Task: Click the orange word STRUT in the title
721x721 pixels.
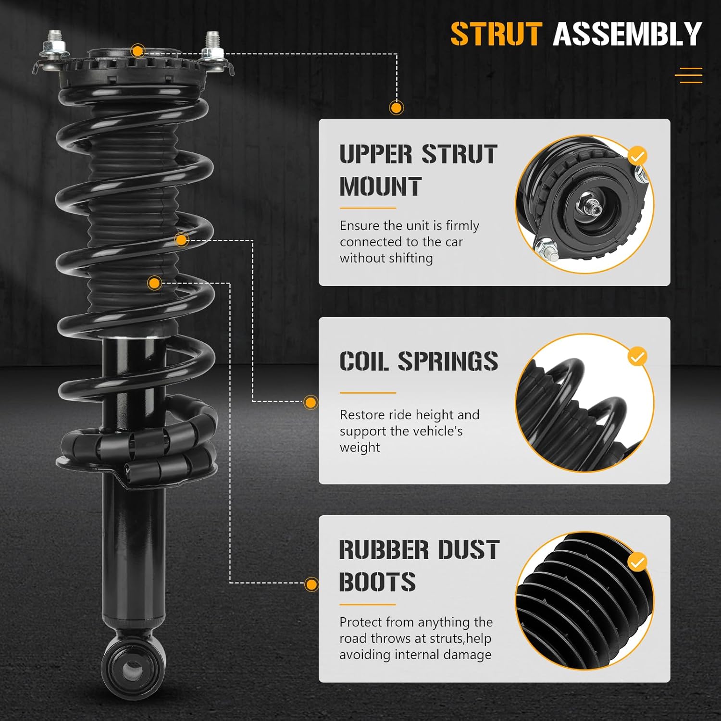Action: tap(496, 34)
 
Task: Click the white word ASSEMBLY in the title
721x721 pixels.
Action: tap(627, 34)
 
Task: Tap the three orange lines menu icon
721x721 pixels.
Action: tap(688, 75)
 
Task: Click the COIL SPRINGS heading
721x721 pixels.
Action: tap(418, 361)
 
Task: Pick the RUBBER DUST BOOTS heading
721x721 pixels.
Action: tap(419, 565)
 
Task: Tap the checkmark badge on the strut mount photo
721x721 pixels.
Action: tap(637, 156)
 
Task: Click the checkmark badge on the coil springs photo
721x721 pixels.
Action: tap(637, 357)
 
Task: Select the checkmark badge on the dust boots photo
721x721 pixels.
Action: tap(637, 562)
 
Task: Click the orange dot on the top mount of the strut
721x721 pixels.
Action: tap(138, 50)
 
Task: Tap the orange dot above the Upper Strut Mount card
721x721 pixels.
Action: tap(396, 108)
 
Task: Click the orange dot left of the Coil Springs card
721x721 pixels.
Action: tap(311, 402)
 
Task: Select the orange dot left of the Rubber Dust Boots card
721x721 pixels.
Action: tap(311, 584)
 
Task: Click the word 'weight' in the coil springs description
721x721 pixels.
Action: tap(360, 448)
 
